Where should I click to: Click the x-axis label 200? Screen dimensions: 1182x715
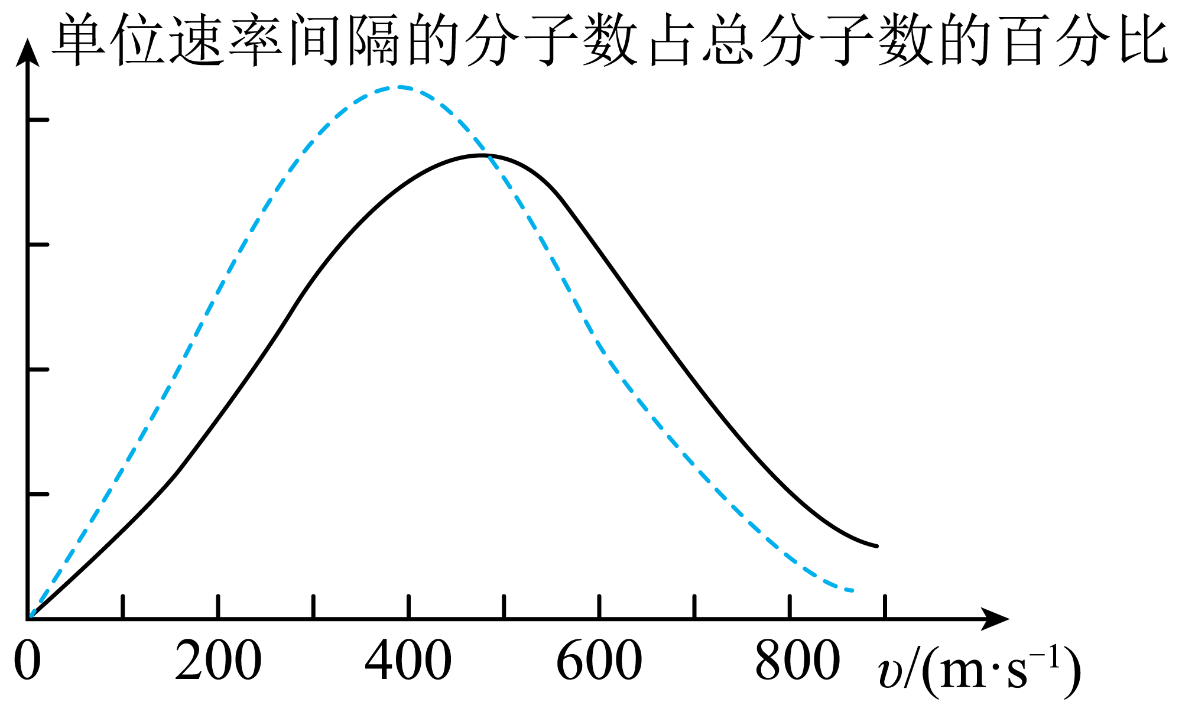click(218, 661)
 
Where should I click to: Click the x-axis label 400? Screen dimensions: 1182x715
click(408, 661)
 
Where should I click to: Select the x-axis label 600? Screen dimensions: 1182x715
click(599, 661)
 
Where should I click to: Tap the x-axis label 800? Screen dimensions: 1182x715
click(798, 661)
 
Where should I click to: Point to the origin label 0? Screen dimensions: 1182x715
click(27, 661)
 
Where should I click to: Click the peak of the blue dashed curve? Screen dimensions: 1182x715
click(400, 87)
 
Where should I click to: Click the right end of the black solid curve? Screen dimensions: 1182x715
click(877, 546)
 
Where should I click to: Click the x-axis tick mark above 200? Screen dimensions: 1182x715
click(218, 606)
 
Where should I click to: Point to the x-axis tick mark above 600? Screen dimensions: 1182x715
click(599, 606)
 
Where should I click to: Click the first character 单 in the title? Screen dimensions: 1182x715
click(80, 40)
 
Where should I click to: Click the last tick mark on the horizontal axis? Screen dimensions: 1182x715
click(885, 606)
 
